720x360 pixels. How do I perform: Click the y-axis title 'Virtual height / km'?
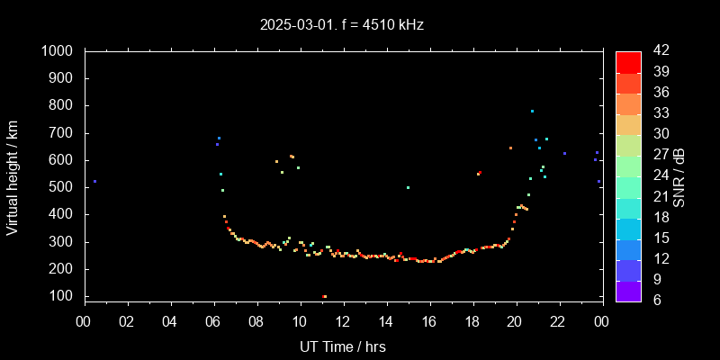[13, 176]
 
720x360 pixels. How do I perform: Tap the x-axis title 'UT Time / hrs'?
[343, 346]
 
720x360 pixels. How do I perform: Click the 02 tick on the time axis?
[127, 321]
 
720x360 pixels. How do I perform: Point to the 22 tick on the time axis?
[559, 321]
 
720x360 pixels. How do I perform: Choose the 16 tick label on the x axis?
[429, 321]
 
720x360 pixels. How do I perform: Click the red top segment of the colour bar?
[628, 61]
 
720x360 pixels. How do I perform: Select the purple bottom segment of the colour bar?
[628, 290]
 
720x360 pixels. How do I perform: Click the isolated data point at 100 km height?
[324, 296]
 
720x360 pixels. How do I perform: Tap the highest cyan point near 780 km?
[532, 112]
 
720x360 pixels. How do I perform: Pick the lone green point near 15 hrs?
[409, 187]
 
